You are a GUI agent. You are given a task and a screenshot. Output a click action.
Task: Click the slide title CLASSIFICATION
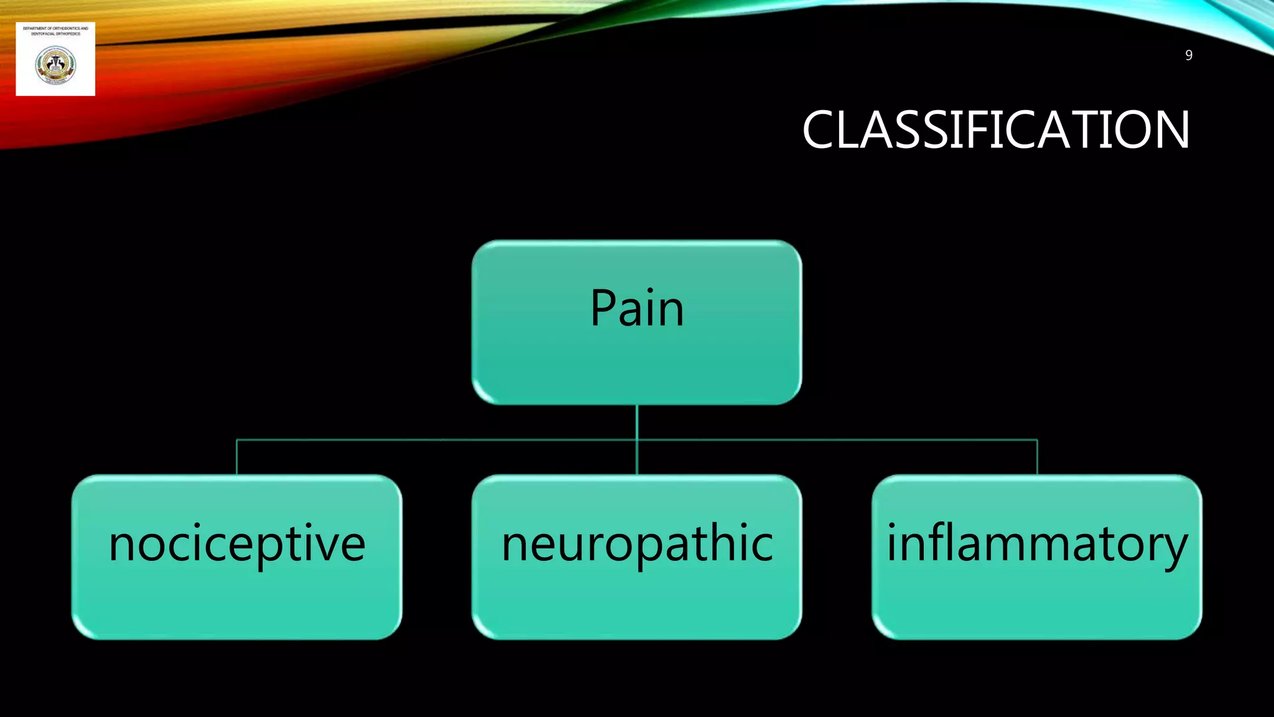point(995,130)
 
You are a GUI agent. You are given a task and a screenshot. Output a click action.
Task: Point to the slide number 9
point(1188,55)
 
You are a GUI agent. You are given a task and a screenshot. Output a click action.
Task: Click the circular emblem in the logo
point(55,65)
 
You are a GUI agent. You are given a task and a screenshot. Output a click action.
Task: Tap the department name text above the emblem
point(55,31)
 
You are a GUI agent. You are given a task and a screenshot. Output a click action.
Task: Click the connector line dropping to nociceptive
point(236,457)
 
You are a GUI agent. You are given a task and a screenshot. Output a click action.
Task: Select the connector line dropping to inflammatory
point(1037,457)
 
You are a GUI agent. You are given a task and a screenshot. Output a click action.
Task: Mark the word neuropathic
point(637,545)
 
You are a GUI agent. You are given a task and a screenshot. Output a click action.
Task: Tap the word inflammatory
point(1036,545)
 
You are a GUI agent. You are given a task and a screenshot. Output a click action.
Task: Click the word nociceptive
point(236,545)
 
